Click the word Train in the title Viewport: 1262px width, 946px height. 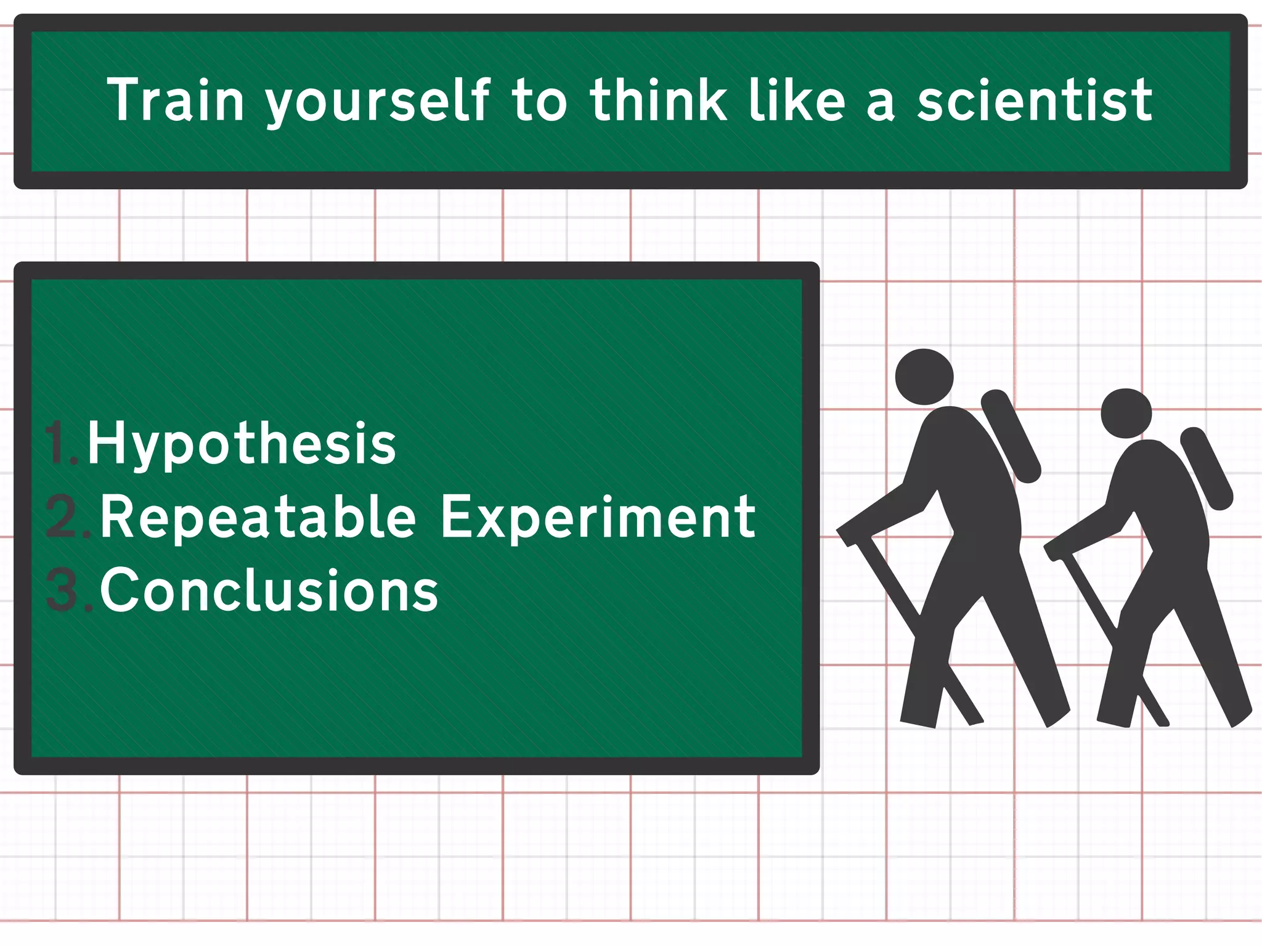tap(176, 100)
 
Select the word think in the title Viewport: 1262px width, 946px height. tap(658, 100)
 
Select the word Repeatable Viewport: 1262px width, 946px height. tap(258, 518)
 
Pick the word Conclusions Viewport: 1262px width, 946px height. tap(269, 590)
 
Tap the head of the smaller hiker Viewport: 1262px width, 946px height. tap(1126, 413)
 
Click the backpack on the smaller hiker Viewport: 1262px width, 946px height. tap(1207, 468)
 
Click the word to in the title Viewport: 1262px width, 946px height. tap(539, 100)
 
